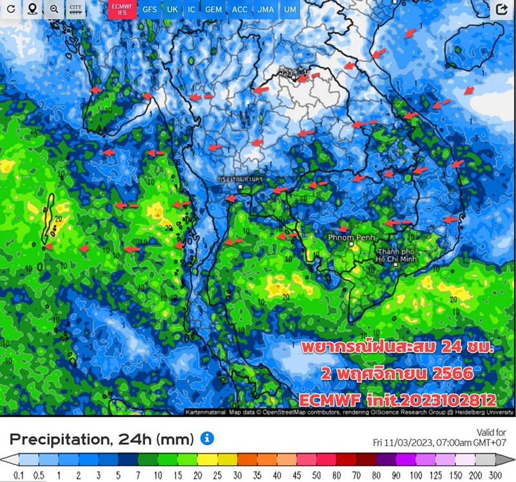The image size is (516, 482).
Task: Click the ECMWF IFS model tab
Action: point(119,10)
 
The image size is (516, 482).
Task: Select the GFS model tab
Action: point(149,10)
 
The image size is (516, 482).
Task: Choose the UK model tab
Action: point(172,10)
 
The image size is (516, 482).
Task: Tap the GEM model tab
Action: point(213,10)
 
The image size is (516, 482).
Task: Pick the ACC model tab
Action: point(239,10)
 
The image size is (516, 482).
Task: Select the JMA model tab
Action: point(265,10)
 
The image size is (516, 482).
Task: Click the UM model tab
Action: point(290,10)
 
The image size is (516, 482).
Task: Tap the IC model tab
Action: point(192,10)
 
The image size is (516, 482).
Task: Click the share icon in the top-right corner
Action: point(501,9)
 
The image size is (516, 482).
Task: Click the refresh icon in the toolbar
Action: point(10,9)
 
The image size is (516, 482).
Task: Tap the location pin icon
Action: point(32,9)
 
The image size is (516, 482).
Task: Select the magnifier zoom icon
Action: point(54,9)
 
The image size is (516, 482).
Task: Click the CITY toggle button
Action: point(76,10)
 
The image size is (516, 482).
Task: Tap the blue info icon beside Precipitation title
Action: point(207,439)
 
